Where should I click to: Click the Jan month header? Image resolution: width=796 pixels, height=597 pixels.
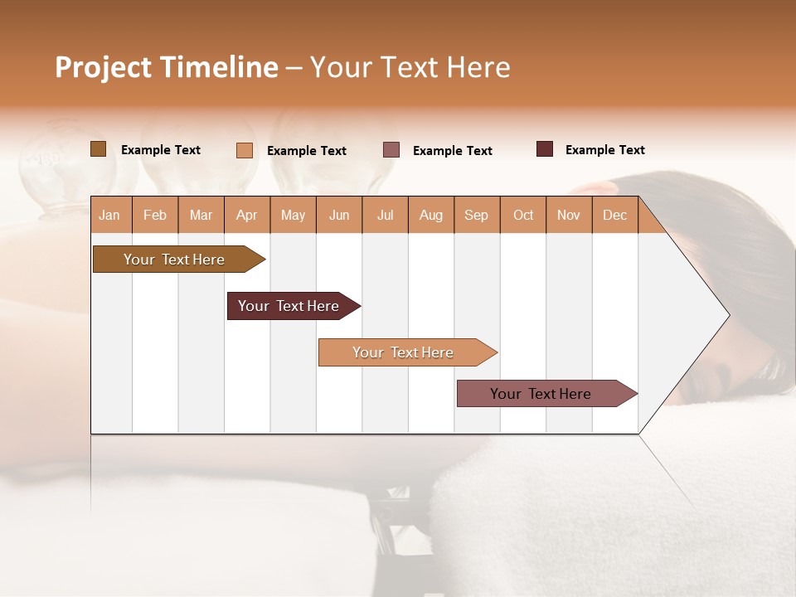pyautogui.click(x=109, y=216)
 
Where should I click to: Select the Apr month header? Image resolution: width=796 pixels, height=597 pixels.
pyautogui.click(x=247, y=216)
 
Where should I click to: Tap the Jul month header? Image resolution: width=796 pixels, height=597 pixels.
pyautogui.click(x=385, y=216)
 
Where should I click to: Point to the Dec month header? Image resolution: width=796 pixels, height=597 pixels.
pyautogui.click(x=614, y=216)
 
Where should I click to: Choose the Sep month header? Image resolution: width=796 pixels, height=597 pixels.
pyautogui.click(x=476, y=216)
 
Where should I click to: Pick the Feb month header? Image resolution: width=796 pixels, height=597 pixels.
pyautogui.click(x=155, y=216)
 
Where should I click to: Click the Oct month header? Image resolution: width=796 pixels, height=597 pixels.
pyautogui.click(x=523, y=216)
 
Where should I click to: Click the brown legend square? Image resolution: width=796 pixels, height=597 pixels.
pyautogui.click(x=99, y=149)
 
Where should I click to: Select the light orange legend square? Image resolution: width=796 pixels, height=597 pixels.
pyautogui.click(x=245, y=150)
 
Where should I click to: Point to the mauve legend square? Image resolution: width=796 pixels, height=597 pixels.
pyautogui.click(x=391, y=150)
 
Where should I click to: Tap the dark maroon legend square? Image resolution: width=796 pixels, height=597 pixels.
pyautogui.click(x=545, y=149)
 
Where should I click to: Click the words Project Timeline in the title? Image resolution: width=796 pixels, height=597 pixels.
pyautogui.click(x=166, y=67)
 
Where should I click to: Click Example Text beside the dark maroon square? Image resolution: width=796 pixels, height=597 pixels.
pyautogui.click(x=604, y=150)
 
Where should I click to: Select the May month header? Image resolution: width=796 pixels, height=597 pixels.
pyautogui.click(x=293, y=216)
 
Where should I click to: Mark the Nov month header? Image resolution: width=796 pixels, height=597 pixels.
pyautogui.click(x=569, y=216)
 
